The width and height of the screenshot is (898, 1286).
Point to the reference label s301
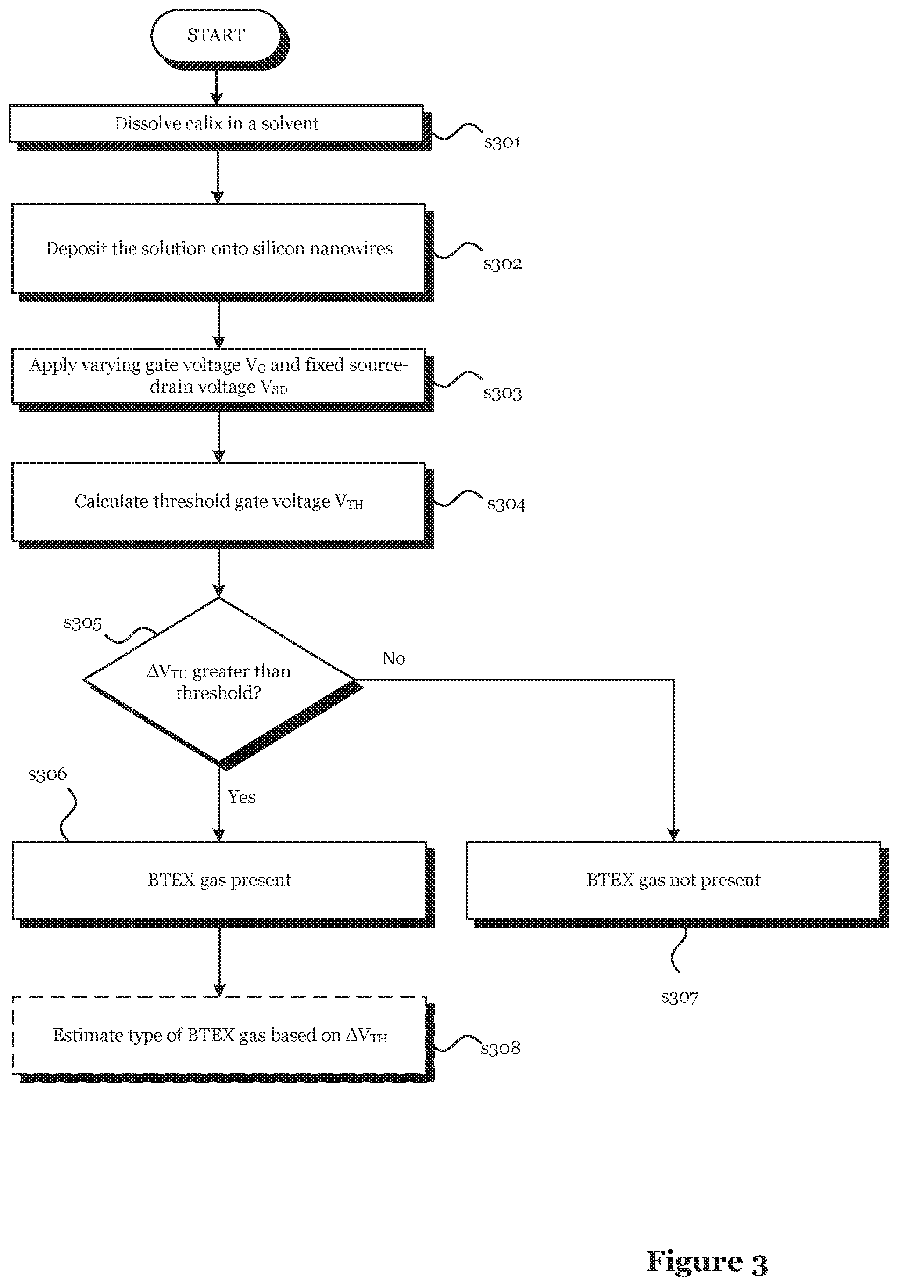point(503,142)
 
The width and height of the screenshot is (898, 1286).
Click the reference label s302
point(503,264)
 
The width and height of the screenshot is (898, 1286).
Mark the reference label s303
point(503,393)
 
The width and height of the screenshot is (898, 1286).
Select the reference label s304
point(507,504)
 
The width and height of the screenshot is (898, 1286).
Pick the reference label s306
point(47,774)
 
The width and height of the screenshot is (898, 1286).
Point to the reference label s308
point(501,1048)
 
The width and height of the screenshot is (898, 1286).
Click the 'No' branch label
point(394,658)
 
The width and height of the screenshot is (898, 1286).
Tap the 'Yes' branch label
point(241,797)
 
